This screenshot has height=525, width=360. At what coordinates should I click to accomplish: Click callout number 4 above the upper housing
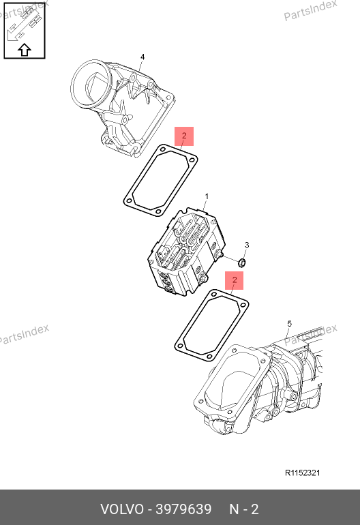(142, 57)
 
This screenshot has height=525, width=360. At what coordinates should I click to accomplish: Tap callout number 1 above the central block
(207, 196)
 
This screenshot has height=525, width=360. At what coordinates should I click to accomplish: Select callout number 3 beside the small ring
(247, 245)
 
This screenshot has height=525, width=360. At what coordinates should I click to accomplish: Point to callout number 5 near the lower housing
(289, 324)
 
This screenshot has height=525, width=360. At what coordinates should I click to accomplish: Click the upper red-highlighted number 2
(184, 136)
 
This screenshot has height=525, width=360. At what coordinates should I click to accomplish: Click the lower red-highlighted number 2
(235, 280)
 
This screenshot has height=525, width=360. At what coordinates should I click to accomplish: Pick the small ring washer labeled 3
(243, 262)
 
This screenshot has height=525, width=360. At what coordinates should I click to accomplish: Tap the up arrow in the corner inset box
(25, 50)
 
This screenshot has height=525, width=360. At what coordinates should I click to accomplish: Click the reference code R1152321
(303, 472)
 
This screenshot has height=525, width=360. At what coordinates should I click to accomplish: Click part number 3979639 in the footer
(184, 509)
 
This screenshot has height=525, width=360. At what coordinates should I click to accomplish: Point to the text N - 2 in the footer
(244, 509)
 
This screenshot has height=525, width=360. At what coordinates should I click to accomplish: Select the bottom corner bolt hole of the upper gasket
(158, 211)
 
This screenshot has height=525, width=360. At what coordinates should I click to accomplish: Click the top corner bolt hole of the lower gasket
(213, 295)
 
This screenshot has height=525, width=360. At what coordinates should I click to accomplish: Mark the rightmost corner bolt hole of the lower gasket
(243, 305)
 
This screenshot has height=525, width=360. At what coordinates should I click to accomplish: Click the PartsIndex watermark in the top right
(310, 10)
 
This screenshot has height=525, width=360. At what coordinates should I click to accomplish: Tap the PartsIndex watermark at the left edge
(23, 334)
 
